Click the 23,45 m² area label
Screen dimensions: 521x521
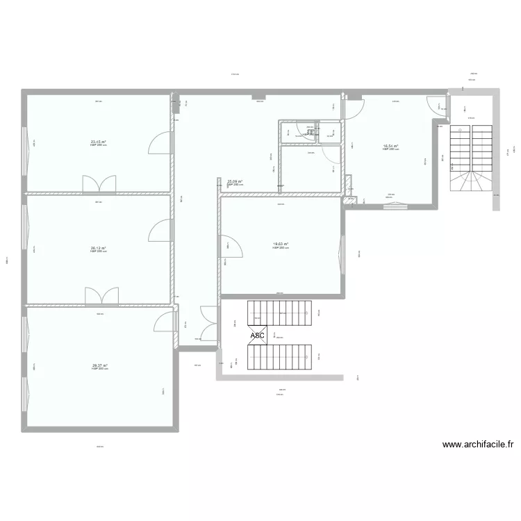[98, 142]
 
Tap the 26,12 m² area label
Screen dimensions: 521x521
[98, 248]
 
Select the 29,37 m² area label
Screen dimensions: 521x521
[99, 365]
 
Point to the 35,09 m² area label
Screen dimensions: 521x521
[235, 182]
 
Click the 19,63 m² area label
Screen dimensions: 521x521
[281, 244]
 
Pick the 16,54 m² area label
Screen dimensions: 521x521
[390, 147]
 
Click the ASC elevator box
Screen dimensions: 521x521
[257, 336]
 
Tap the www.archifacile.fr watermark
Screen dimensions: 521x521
[478, 445]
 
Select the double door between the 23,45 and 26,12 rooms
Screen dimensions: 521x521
[99, 184]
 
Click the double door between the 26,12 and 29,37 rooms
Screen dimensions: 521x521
[101, 297]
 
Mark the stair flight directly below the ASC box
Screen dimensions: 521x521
[281, 357]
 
